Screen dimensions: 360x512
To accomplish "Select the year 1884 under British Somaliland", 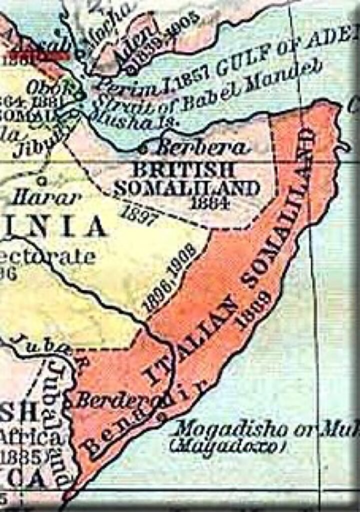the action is (210, 203).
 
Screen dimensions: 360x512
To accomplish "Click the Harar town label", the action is (46, 197).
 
